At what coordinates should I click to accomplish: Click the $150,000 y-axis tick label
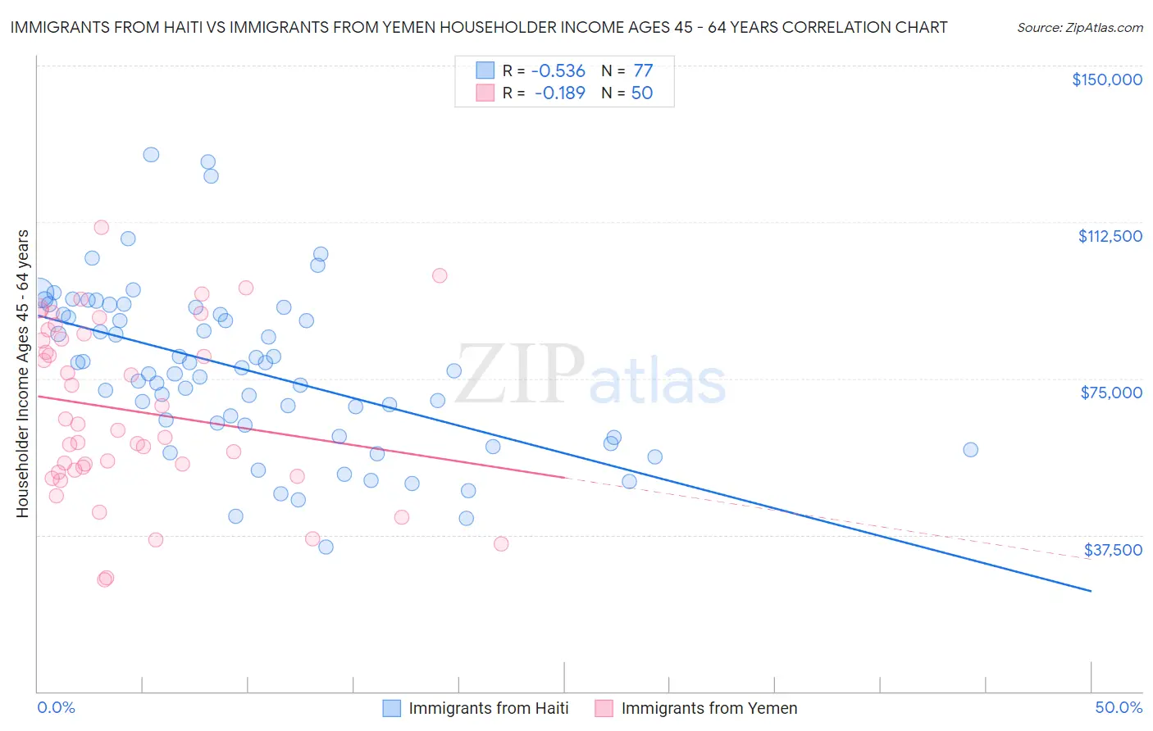1106,79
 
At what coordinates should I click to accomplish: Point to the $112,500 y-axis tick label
1110,236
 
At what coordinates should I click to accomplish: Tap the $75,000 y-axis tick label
1111,393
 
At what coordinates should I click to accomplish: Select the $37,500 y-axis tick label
1113,550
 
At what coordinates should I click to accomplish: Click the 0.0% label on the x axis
56,707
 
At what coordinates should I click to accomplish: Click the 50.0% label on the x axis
1119,707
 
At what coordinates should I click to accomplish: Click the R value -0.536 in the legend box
559,71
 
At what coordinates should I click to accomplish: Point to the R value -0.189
559,93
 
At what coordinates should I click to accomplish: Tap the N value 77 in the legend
643,71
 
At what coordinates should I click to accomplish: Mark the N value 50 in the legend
642,93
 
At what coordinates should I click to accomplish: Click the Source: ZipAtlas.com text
1079,28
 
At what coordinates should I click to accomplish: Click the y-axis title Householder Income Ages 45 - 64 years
23,374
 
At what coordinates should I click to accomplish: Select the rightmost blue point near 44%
970,449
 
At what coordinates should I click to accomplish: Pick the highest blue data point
151,154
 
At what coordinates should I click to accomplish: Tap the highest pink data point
102,227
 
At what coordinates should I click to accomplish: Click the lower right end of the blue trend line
1091,591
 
